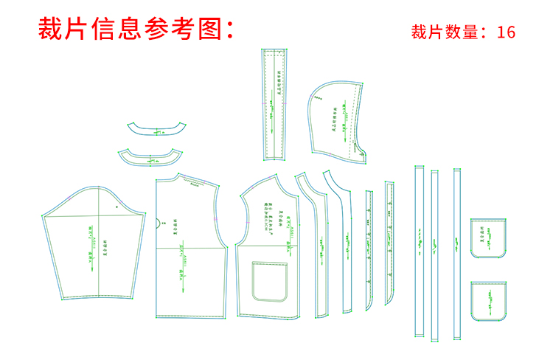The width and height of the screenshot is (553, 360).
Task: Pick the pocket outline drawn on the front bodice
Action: [x=268, y=281]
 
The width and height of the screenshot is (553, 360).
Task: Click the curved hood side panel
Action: [x=335, y=118]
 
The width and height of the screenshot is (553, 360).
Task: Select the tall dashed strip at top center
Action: [x=274, y=103]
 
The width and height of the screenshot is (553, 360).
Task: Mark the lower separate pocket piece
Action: [x=489, y=301]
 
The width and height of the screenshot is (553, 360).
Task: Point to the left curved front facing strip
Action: [x=313, y=243]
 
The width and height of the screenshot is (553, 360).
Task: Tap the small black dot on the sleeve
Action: [x=116, y=208]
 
